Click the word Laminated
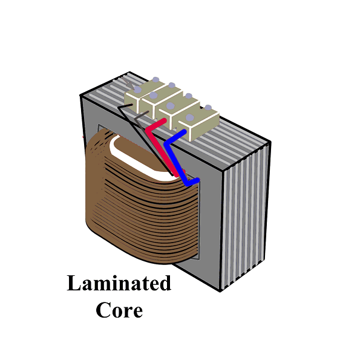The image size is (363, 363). pyautogui.click(x=119, y=283)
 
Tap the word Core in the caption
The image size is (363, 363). pyautogui.click(x=119, y=310)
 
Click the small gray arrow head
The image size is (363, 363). pyautogui.click(x=131, y=85)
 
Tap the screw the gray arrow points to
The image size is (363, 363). pyautogui.click(x=138, y=90)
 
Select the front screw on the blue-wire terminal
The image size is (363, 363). pyautogui.click(x=190, y=117)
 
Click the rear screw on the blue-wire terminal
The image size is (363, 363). pyautogui.click(x=208, y=108)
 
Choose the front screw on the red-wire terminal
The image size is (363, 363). pyautogui.click(x=171, y=106)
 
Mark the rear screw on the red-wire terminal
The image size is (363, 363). pyautogui.click(x=189, y=96)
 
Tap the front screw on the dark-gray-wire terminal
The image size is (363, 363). pyautogui.click(x=153, y=95)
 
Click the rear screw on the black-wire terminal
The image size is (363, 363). pyautogui.click(x=156, y=80)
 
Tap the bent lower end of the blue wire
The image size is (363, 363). pyautogui.click(x=193, y=182)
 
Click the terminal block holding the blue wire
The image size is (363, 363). pyautogui.click(x=198, y=123)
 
